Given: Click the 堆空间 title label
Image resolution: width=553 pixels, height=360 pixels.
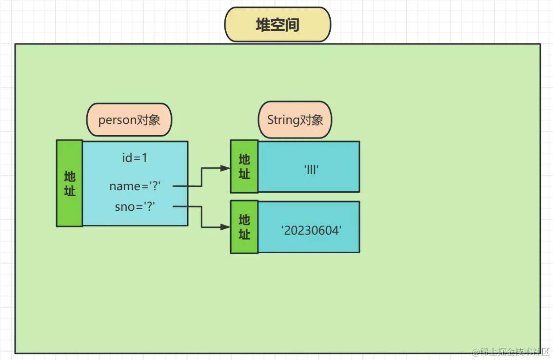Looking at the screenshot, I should point(277,25).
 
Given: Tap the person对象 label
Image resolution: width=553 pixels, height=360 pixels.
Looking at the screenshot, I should point(129,120).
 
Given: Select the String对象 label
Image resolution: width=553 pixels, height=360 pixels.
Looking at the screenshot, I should point(295,120).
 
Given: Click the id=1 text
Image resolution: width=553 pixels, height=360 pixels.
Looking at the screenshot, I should point(135,158).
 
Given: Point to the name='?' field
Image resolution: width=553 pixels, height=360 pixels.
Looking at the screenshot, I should point(135,186).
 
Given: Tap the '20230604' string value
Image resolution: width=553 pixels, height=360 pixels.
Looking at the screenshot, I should point(311,231).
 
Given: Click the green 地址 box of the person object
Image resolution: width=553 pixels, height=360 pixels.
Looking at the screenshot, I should point(70,183).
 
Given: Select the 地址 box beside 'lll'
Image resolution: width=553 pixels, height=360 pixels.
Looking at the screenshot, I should point(244,166).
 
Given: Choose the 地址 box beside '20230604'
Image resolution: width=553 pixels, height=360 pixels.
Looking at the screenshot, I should point(244,227).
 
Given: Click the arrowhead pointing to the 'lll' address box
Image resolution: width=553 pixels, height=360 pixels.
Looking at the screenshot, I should point(225,168).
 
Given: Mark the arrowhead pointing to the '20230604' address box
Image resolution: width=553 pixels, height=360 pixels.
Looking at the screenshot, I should point(225,227).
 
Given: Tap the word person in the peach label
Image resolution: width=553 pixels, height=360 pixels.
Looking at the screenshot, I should point(117,120).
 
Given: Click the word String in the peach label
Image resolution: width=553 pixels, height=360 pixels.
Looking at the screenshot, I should point(283,120).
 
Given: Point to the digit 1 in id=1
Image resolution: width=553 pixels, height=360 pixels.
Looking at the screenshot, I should point(144,158).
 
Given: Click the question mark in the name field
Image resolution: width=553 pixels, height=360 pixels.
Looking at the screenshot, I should point(156,186).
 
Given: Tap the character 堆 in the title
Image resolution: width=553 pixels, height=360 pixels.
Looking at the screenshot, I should point(263,25).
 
